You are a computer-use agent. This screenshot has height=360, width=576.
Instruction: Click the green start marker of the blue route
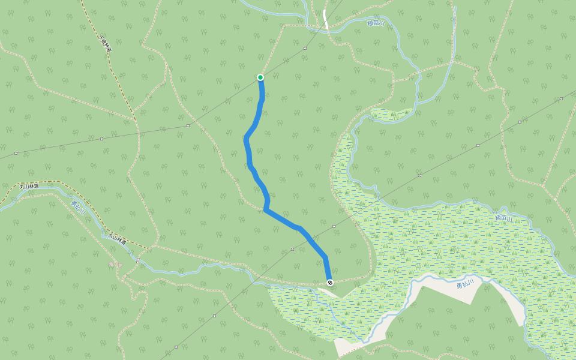(260, 77)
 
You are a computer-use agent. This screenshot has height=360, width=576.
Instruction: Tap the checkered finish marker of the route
(330, 282)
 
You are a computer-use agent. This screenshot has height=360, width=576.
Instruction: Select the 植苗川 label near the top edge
(376, 23)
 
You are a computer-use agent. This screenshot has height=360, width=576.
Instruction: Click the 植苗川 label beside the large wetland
(504, 218)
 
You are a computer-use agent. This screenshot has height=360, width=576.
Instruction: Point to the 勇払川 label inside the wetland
(465, 284)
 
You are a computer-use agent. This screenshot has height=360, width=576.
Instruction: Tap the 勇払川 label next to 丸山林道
(79, 208)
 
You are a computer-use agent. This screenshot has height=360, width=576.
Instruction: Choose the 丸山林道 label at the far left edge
(29, 187)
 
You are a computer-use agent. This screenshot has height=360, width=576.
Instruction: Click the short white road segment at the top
(325, 19)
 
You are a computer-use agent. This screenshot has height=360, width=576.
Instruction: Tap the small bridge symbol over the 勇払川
(138, 260)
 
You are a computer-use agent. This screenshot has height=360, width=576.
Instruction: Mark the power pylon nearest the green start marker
(305, 47)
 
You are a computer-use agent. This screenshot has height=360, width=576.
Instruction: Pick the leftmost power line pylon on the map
(16, 153)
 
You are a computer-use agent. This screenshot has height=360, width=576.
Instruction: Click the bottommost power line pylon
(176, 347)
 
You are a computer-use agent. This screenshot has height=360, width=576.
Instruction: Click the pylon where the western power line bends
(188, 125)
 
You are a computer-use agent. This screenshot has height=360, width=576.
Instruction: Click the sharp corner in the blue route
(265, 209)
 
